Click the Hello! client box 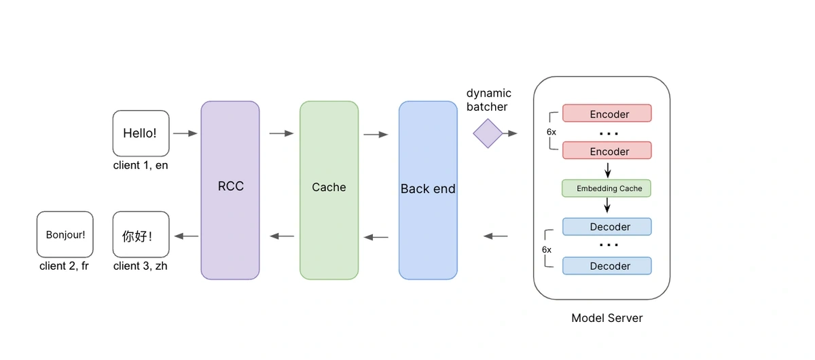click(x=141, y=133)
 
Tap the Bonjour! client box click(x=65, y=234)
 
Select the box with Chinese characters click(x=141, y=234)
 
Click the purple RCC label click(x=230, y=187)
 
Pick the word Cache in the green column click(x=329, y=187)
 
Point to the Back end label click(x=428, y=189)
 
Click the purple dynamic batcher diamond click(x=488, y=134)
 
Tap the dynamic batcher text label click(x=488, y=100)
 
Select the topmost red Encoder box click(x=606, y=113)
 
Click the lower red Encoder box click(x=606, y=151)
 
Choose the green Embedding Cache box click(x=606, y=188)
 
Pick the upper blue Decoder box click(x=606, y=227)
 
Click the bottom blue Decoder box click(x=606, y=266)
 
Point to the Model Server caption click(x=606, y=318)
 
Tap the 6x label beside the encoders click(x=551, y=132)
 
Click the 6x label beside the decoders click(x=547, y=249)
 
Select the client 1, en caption click(x=141, y=165)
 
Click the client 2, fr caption click(x=65, y=266)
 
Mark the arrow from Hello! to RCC click(x=185, y=134)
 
